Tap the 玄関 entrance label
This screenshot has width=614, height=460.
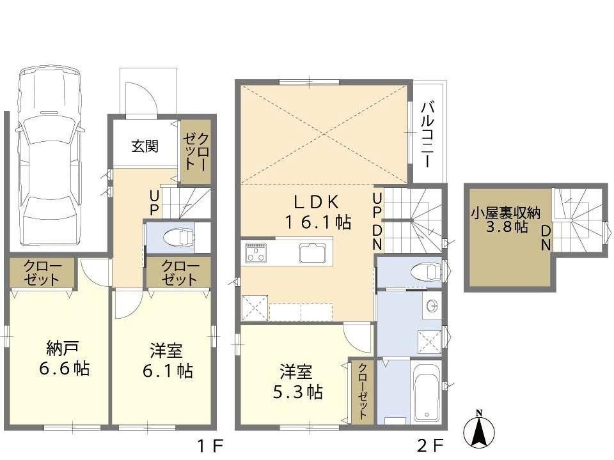tap(145, 146)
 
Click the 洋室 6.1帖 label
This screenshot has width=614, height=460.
tap(167, 360)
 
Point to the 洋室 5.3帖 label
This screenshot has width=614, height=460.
tap(297, 382)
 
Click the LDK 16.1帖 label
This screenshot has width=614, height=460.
tap(319, 211)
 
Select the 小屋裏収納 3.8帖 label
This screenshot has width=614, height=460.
tap(505, 220)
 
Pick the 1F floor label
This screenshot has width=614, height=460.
tap(210, 445)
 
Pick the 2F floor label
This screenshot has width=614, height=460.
tap(430, 445)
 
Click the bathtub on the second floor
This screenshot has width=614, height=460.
tap(427, 392)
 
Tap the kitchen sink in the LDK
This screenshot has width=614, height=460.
tap(313, 253)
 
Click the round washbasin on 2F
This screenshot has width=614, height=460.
tap(432, 305)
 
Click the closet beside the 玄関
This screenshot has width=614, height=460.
tap(196, 151)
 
